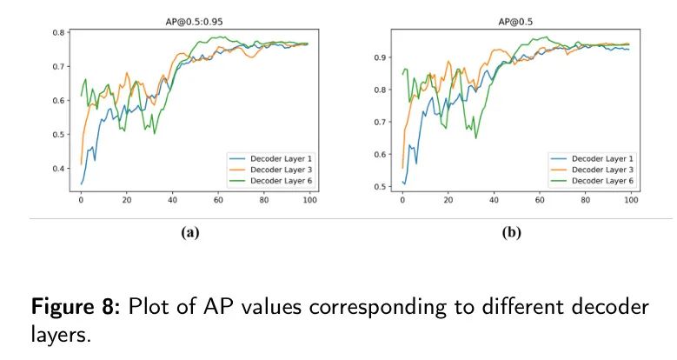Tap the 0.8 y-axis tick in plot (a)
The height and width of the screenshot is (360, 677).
(57, 32)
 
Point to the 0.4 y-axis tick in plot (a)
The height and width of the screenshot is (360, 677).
(57, 169)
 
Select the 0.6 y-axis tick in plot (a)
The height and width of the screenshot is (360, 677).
(57, 101)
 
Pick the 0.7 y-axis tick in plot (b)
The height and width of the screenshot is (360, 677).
(379, 123)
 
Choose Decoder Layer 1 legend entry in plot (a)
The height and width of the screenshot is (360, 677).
(270, 158)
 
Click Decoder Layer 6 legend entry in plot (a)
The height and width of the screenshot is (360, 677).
(270, 180)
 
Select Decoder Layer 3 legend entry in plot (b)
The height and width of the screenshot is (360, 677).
(592, 169)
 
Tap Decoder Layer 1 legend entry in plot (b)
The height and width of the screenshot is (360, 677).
(592, 158)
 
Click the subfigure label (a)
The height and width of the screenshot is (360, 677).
(190, 233)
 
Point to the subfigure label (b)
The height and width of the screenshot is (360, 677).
(512, 233)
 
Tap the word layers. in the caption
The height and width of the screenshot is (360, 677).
(61, 333)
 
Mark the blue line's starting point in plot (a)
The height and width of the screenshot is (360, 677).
(81, 183)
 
